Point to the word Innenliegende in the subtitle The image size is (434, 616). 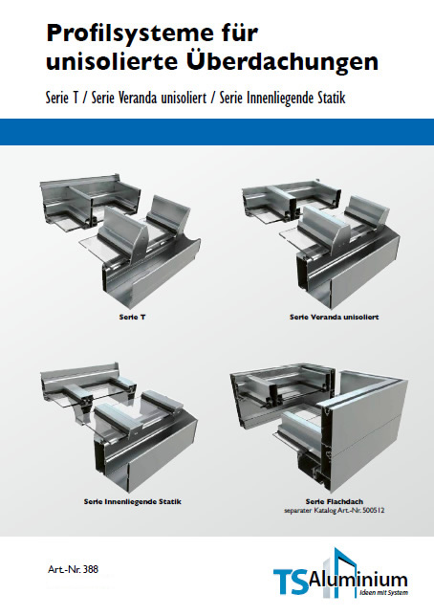[x=289, y=99]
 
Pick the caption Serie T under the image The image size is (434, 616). [x=132, y=317]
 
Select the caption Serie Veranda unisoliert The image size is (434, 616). [x=335, y=317]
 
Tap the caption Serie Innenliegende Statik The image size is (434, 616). [x=132, y=501]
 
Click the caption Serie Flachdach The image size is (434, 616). [x=335, y=501]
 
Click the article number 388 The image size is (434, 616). [x=90, y=569]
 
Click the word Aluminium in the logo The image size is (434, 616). [x=358, y=581]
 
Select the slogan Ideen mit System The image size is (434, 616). [x=383, y=592]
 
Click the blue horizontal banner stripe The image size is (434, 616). [x=217, y=132]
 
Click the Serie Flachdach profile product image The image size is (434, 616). [x=319, y=429]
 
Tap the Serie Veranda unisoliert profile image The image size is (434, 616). [x=321, y=241]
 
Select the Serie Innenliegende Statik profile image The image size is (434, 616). [x=119, y=428]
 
